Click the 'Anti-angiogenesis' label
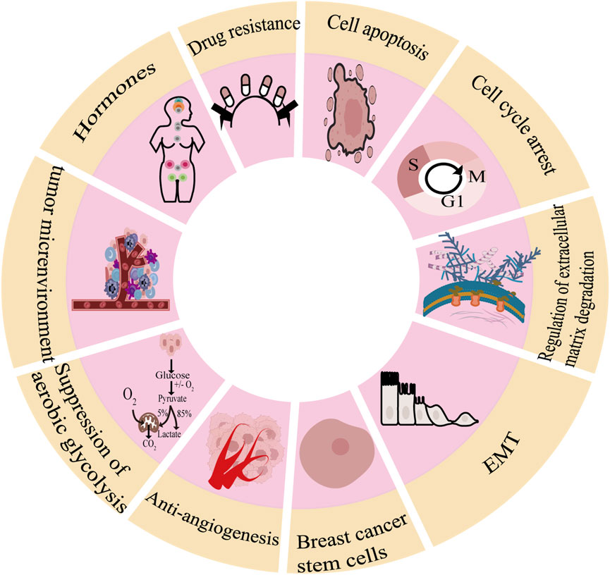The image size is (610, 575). pos(209,521)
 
